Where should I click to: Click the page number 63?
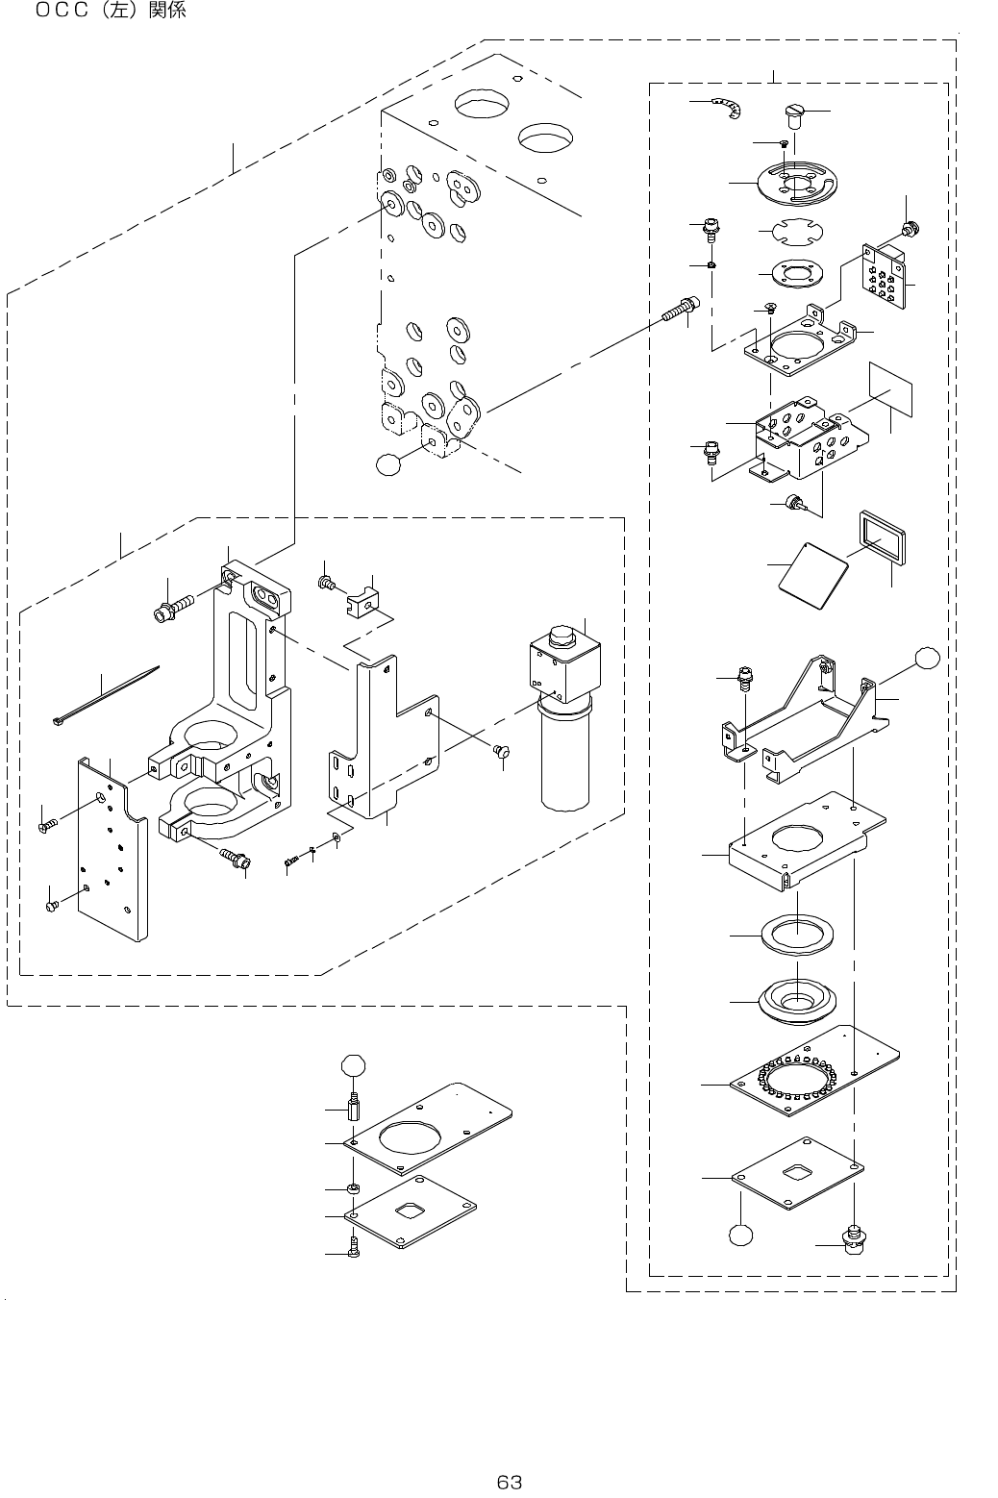pos(509,1482)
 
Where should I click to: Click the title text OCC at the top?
pos(62,11)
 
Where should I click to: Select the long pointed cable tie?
pos(106,695)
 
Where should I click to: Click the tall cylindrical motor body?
pos(565,752)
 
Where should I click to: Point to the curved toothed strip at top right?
pos(728,107)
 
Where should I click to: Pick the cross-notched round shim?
pos(797,232)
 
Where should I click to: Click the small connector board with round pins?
pos(885,276)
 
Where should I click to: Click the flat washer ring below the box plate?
pos(797,935)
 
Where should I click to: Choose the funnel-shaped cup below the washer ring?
pos(796,1001)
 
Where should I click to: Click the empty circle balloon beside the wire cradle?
pos(927,658)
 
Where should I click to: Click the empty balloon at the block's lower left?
pos(388,464)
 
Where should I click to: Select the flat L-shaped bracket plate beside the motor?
pos(384,739)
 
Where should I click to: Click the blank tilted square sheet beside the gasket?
pos(813,575)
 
